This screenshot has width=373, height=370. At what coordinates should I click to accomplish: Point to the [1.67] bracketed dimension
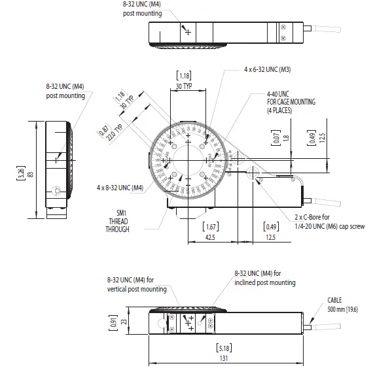point(211,226)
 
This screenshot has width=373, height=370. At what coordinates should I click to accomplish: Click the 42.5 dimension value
point(211,239)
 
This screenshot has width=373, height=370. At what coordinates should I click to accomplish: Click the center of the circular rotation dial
point(189,159)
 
